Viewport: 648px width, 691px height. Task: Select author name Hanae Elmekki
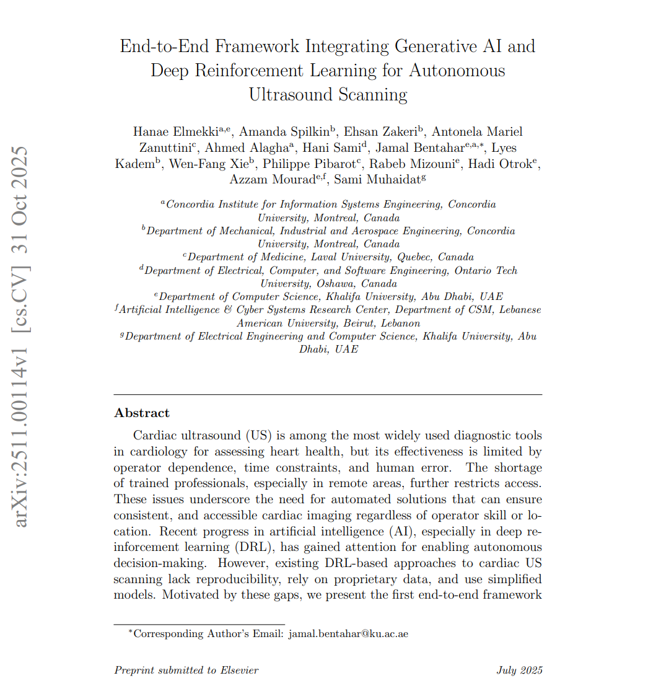(175, 131)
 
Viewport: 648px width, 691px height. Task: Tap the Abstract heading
(142, 413)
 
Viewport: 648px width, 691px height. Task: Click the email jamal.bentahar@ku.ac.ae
(348, 633)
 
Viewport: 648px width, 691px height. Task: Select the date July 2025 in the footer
(519, 670)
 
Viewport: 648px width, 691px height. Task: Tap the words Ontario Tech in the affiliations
(486, 270)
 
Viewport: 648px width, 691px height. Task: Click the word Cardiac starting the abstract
(154, 435)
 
